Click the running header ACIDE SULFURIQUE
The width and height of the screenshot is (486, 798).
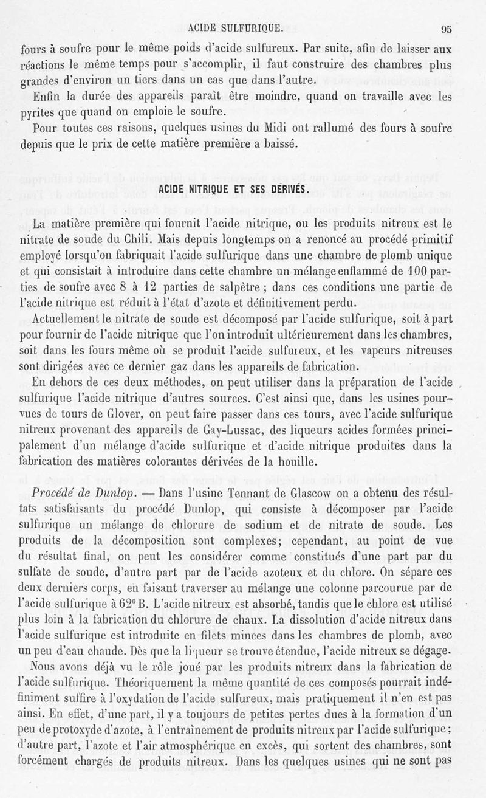coord(234,27)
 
